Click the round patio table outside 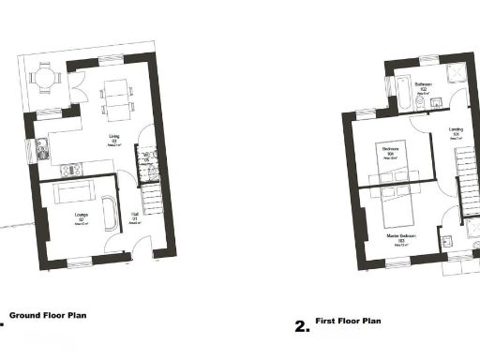click(x=45, y=79)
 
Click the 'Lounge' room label click(x=67, y=220)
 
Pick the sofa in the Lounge click(x=74, y=194)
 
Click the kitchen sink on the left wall click(x=43, y=147)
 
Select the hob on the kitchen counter click(x=68, y=170)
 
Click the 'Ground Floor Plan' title click(x=48, y=316)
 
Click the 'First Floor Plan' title click(x=348, y=320)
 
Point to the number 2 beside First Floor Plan click(x=301, y=326)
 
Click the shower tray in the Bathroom click(x=456, y=74)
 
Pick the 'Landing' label click(x=456, y=130)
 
